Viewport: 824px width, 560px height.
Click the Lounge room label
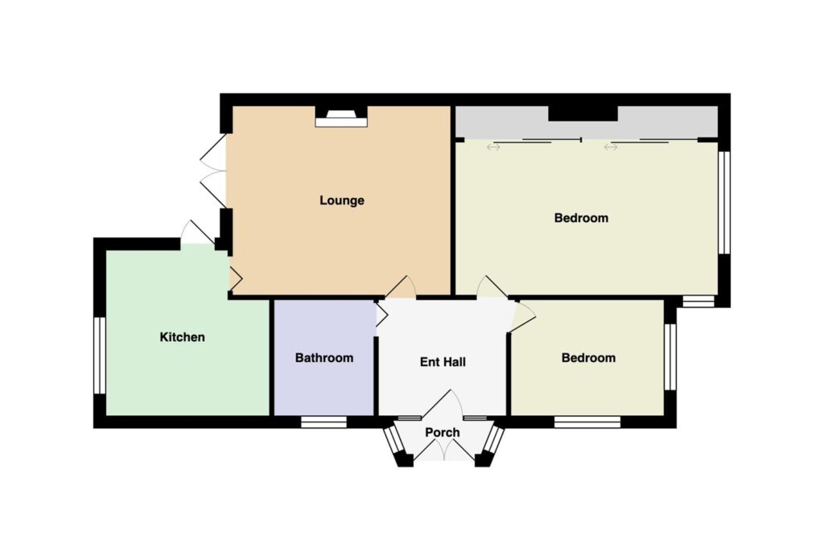tap(341, 200)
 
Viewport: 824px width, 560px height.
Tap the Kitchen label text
tap(182, 337)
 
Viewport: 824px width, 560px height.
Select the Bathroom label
tap(323, 358)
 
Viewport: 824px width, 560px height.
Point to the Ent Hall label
tap(443, 362)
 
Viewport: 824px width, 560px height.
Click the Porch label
tap(442, 432)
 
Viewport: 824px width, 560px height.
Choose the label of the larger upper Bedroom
tap(581, 217)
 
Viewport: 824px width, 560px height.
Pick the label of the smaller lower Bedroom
tap(588, 358)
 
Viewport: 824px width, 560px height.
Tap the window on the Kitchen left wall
tap(100, 355)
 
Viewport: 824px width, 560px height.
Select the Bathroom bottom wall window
tap(323, 422)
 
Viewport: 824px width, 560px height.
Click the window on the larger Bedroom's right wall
tap(724, 203)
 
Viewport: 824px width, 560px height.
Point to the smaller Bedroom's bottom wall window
tap(587, 422)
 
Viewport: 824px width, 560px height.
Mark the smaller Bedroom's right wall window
tap(670, 356)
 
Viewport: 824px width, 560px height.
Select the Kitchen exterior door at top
tap(197, 233)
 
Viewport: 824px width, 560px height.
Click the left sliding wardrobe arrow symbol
tap(493, 147)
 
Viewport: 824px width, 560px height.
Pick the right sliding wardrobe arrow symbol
tap(610, 147)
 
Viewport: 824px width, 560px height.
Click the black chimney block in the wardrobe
tap(583, 113)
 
